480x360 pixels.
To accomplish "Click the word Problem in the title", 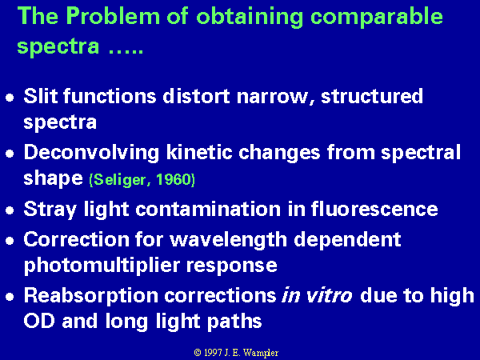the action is pos(113,16).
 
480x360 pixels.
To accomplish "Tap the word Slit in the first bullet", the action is pos(41,96).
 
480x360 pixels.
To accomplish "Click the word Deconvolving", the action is pos(91,154).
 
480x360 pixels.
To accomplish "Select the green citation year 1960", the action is pos(174,180).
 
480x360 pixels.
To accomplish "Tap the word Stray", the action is pos(50,210).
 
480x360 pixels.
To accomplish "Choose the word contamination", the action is pos(208,209).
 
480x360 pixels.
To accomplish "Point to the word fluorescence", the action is pos(374,209).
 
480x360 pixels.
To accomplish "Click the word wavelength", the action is pos(229,240).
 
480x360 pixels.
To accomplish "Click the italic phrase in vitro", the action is pos(317,296).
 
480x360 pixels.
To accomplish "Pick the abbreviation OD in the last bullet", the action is pos(39,321).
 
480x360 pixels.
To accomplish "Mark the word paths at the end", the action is pos(234,322).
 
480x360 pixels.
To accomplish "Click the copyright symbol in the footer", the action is pos(198,353).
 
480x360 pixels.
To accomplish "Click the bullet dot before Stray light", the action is pos(10,210).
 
